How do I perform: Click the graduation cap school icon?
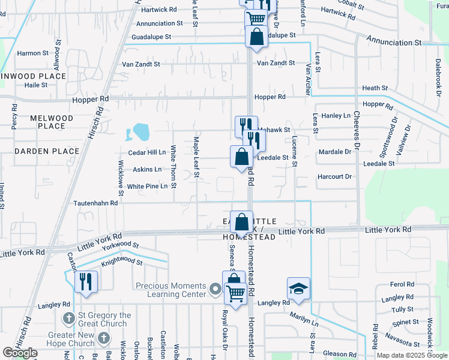coord(298,288)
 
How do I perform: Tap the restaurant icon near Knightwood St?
coord(86,280)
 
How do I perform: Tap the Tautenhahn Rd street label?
coord(97,203)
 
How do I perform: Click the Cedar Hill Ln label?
coord(146,153)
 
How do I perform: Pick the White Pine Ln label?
coord(147,187)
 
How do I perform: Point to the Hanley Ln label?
coord(336,115)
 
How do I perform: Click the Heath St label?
coord(375,88)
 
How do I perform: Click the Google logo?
coord(20,353)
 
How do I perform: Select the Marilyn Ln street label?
coord(306,321)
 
